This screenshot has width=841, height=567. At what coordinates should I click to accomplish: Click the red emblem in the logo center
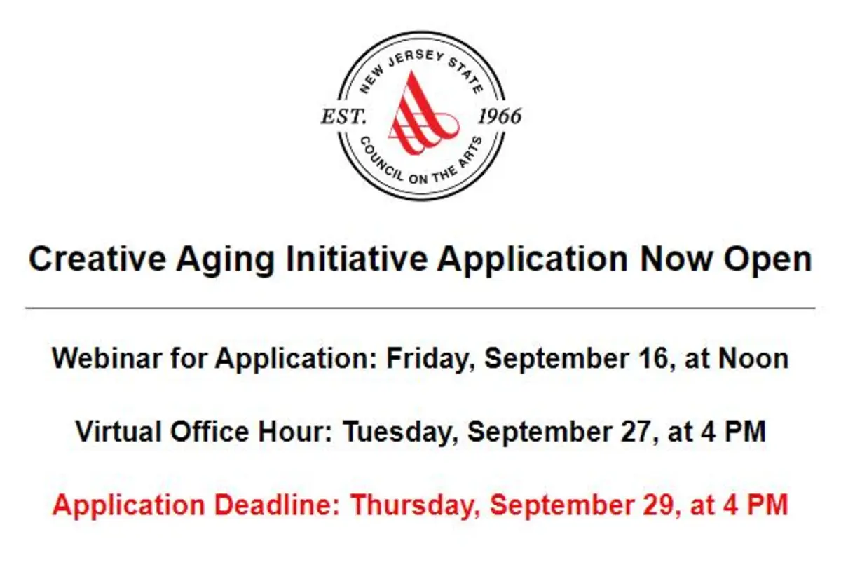point(423,114)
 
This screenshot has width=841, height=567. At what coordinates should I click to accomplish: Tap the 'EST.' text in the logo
point(343,116)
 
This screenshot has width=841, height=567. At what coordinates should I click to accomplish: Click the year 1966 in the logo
point(500,116)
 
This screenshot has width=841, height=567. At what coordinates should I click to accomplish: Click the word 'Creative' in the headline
point(97,259)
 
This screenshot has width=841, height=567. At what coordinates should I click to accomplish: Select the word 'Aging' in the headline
point(225,261)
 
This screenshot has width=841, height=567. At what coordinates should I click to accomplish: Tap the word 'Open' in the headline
point(768,261)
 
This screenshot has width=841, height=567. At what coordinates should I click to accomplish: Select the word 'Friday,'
point(431,360)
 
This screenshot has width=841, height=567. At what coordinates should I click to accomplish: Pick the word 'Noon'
point(753,359)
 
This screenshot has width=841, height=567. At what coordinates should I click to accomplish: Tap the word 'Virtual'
point(118,431)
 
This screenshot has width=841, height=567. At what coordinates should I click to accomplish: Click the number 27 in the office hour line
point(636,432)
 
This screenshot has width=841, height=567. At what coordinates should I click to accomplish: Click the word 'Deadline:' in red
point(277,505)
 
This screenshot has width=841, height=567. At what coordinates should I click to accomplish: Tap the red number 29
point(659,505)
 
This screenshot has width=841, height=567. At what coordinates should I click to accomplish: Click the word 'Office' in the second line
point(210,431)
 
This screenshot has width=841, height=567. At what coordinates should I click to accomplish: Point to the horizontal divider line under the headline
point(420,308)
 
